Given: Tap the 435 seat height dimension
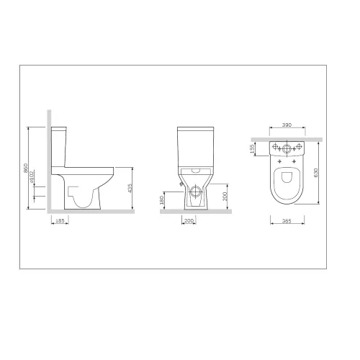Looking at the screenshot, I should [131, 189].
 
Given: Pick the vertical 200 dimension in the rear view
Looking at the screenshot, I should [226, 196].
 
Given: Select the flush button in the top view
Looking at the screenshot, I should [287, 149].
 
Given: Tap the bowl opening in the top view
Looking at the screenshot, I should [286, 180].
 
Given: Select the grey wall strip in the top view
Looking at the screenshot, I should [287, 137].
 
